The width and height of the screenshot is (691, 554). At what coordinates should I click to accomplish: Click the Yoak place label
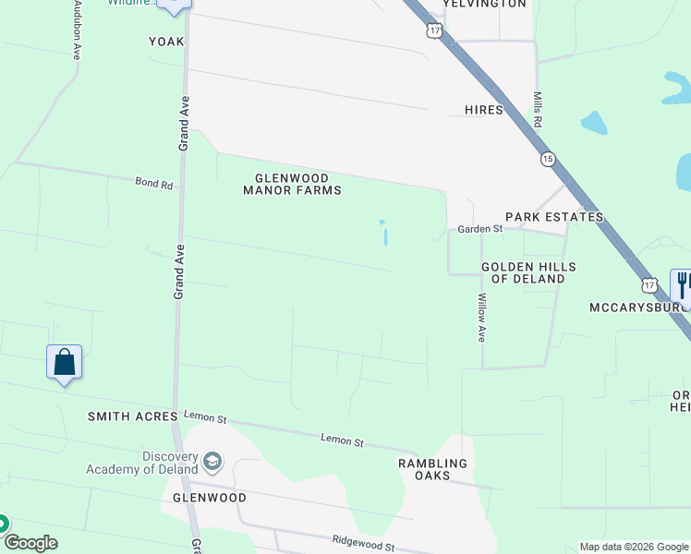tap(167, 42)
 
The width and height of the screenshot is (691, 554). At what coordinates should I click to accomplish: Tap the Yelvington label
tap(484, 4)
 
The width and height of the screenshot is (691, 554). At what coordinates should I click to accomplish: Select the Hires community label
tap(484, 110)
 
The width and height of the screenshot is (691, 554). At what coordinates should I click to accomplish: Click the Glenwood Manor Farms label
tap(292, 184)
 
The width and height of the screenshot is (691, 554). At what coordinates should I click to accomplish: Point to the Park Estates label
tap(554, 217)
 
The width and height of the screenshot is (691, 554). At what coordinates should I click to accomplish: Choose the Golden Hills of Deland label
tap(528, 272)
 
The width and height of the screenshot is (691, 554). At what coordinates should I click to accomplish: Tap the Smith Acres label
tap(132, 416)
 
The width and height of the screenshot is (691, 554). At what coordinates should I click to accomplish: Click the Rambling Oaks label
tap(432, 469)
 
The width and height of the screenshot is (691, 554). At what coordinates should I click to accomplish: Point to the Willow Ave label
tap(481, 319)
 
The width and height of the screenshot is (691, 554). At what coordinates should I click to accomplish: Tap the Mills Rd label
tap(536, 109)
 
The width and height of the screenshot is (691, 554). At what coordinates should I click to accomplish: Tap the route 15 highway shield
tap(548, 160)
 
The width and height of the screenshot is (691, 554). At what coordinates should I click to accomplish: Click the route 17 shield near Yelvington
tap(435, 30)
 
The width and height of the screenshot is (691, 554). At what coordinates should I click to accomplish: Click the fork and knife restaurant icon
tap(684, 282)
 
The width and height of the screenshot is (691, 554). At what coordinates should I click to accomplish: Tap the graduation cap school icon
tap(212, 461)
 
